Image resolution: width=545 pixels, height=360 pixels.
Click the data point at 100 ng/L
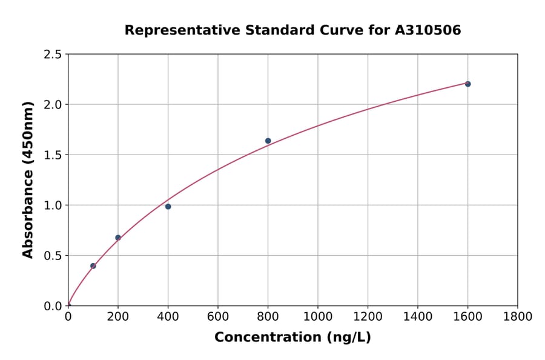click(93, 266)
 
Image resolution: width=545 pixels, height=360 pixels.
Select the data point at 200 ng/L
click(118, 238)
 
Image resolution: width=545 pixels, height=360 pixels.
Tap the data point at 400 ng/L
click(168, 207)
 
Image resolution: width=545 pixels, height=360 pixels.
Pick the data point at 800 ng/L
click(268, 141)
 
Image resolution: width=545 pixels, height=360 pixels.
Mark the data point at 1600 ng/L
click(467, 84)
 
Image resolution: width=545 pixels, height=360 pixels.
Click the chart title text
click(292, 30)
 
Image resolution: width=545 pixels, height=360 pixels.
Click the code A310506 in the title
click(428, 30)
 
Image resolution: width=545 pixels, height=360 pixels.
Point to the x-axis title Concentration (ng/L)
click(292, 338)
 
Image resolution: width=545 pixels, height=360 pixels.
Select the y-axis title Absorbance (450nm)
click(28, 180)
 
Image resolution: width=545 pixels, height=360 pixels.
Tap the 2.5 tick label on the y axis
click(53, 55)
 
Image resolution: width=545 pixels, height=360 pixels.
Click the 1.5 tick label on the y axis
click(53, 155)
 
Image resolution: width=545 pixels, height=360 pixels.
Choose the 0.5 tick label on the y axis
click(53, 256)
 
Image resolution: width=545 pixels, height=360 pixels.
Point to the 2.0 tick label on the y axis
click(53, 105)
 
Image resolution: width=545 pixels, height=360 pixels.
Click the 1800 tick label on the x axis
click(517, 317)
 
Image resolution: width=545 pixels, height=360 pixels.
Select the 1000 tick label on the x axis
click(318, 317)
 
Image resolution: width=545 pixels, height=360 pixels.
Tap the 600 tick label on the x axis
click(218, 317)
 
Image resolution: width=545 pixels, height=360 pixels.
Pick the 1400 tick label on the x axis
click(418, 317)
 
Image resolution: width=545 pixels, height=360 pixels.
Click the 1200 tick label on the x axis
click(368, 317)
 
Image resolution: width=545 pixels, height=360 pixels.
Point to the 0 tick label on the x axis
click(68, 317)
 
